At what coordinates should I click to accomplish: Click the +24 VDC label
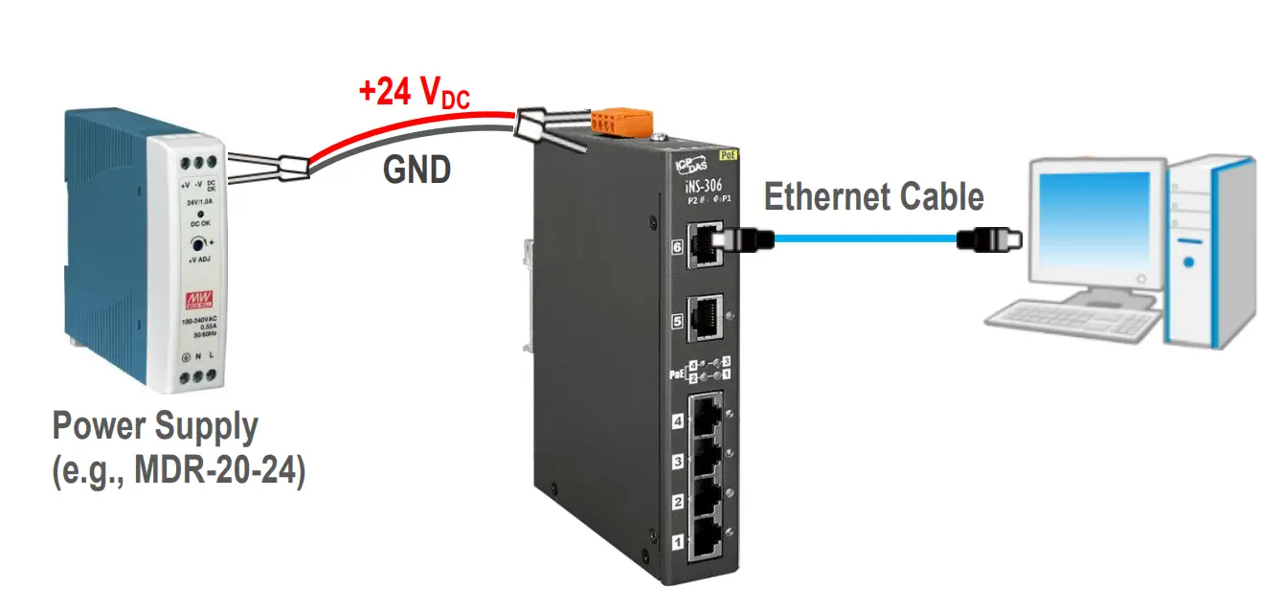click(414, 94)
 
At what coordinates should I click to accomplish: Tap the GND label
click(417, 170)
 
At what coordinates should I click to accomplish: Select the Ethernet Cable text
click(873, 197)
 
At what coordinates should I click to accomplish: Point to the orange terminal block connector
click(622, 122)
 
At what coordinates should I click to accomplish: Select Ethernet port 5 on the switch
click(707, 315)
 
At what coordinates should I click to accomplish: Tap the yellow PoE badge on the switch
click(731, 152)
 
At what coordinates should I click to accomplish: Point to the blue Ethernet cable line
click(862, 239)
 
